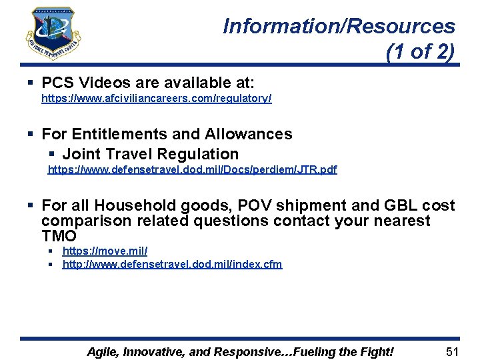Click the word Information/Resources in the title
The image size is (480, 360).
339,27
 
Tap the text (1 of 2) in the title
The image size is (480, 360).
420,51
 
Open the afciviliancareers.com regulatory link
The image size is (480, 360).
156,98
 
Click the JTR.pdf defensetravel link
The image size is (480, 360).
192,169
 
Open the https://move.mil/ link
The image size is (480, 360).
105,251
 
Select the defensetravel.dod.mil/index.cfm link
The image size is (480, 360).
172,264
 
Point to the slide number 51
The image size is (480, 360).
453,351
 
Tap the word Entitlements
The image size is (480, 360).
120,134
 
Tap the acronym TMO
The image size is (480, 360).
59,236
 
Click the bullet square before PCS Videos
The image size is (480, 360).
31,83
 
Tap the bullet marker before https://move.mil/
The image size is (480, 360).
51,251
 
